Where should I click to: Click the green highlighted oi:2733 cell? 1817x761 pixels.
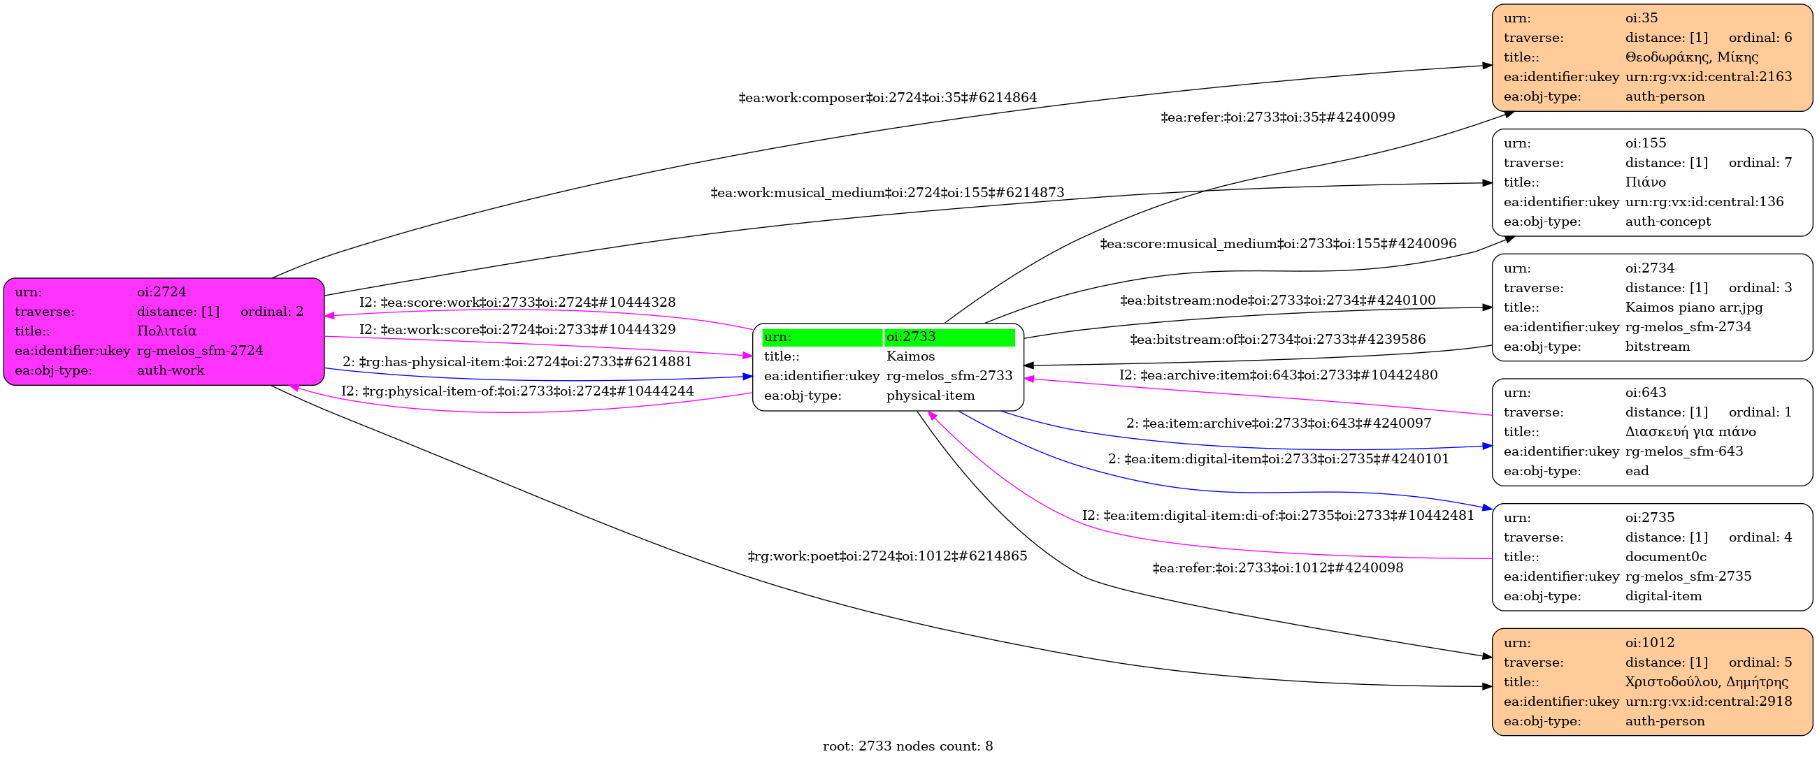click(949, 337)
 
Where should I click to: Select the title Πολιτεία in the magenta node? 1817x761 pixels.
click(166, 331)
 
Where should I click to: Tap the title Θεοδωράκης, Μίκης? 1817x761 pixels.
click(1691, 57)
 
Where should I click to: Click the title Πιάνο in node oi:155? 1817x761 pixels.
click(1646, 182)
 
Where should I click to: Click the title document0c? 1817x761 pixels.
click(1666, 556)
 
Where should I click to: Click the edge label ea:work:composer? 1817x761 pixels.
click(887, 97)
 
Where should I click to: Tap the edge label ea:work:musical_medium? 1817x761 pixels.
click(887, 193)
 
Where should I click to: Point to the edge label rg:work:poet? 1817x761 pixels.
click(887, 556)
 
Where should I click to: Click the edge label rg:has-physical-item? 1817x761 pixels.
click(517, 362)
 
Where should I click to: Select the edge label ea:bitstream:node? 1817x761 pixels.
click(1278, 300)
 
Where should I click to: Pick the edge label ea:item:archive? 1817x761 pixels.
click(1279, 423)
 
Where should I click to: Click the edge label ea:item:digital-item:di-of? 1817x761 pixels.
click(1278, 516)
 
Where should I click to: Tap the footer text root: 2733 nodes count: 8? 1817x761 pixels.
click(907, 746)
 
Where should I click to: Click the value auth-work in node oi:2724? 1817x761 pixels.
click(171, 370)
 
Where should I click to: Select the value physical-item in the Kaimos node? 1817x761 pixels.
click(931, 396)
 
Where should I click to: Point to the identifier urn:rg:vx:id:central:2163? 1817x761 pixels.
click(1709, 76)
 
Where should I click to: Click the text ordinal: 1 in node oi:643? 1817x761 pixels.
click(1760, 412)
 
